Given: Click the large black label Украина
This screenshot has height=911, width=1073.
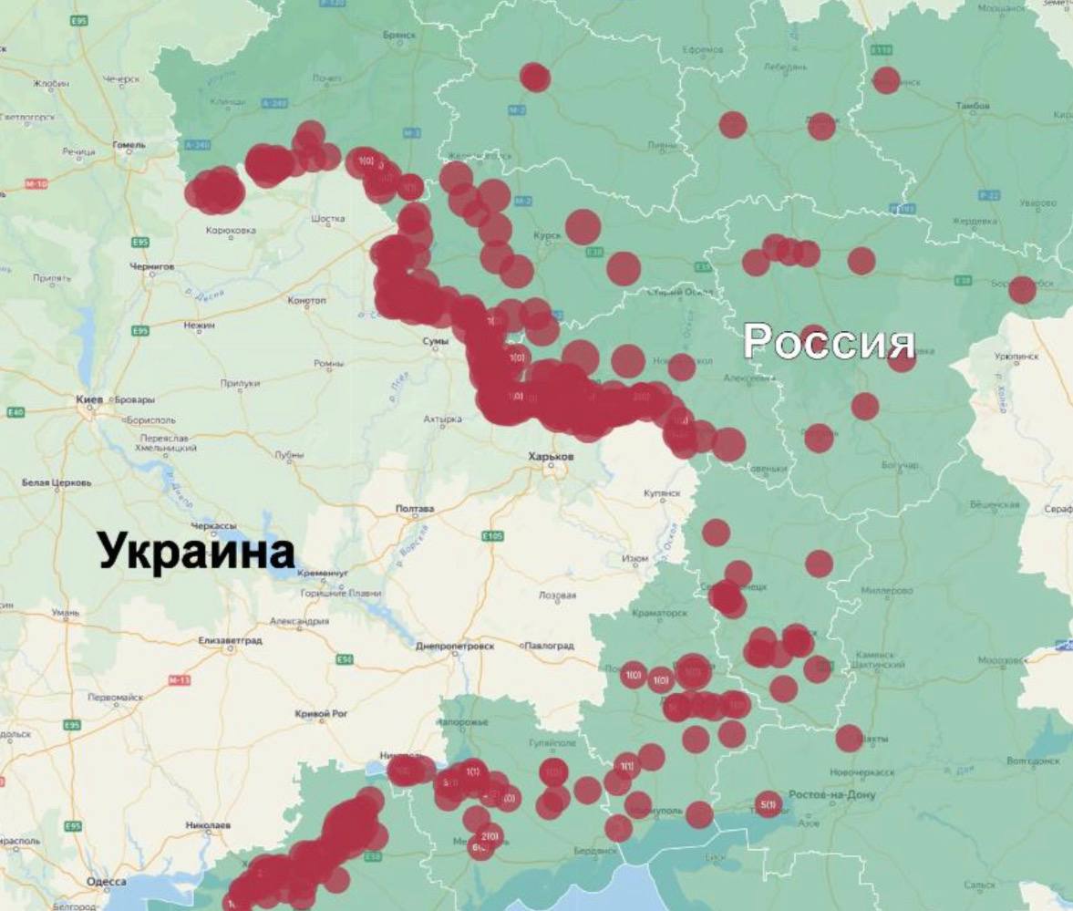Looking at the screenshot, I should (197, 553).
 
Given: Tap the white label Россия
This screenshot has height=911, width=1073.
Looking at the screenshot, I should (828, 342).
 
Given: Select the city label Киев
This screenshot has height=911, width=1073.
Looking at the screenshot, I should (93, 399).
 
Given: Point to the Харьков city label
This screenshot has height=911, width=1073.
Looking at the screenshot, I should (552, 455).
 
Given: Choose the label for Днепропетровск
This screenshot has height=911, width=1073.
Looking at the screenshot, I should (453, 646).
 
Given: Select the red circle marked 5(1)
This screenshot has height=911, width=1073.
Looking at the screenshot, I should (769, 803).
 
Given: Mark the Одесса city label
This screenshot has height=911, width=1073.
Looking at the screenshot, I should (108, 882).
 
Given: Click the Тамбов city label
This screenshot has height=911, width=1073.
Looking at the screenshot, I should (972, 107).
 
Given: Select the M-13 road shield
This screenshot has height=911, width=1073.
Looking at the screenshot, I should (180, 680).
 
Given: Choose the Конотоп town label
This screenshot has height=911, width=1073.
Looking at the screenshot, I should (305, 300).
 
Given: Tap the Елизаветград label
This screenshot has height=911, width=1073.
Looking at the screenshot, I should (230, 641).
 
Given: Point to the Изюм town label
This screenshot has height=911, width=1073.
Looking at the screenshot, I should (635, 558).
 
